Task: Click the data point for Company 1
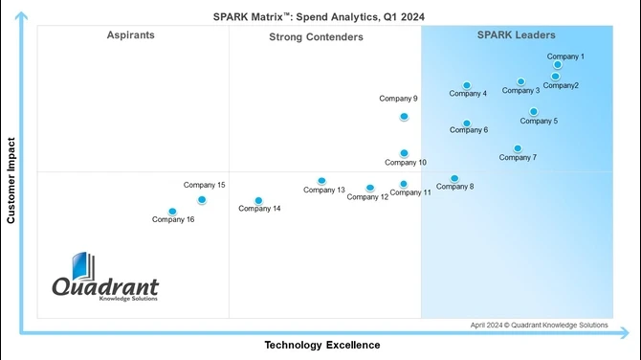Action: (558, 65)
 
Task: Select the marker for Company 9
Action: (404, 117)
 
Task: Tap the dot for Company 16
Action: (172, 212)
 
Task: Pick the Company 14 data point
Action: (257, 201)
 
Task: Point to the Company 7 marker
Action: (518, 148)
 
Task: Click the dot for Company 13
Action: (321, 181)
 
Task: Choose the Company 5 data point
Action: (534, 112)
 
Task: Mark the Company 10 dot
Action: (404, 153)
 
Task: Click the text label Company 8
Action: (454, 187)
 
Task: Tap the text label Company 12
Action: (367, 197)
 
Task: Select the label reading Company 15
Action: (205, 185)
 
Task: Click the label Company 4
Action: (468, 94)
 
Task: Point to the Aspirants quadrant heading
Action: (131, 35)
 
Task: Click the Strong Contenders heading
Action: (316, 37)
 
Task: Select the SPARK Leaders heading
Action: (516, 35)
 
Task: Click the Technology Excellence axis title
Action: (321, 345)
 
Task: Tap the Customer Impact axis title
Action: (11, 180)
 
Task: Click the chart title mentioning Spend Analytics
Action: (320, 15)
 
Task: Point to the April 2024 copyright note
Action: (539, 325)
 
